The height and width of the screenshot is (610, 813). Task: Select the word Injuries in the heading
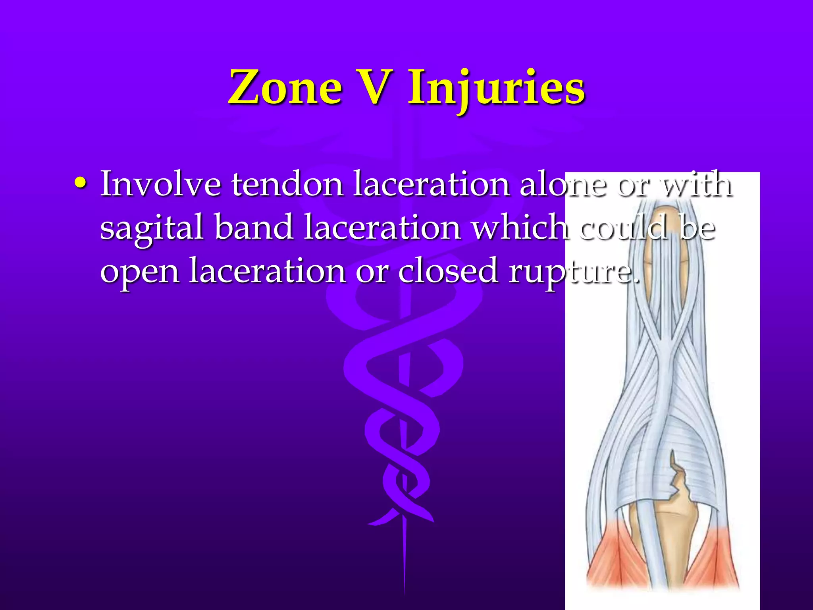click(496, 89)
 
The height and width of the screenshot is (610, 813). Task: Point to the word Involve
click(160, 184)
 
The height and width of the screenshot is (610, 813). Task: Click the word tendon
click(287, 184)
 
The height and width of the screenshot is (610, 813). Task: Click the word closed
click(448, 270)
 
